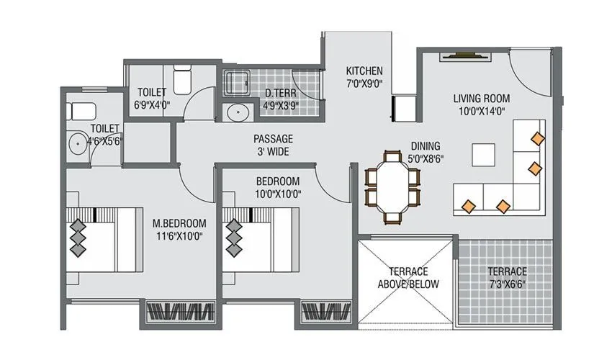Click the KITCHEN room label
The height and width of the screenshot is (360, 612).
coord(364,71)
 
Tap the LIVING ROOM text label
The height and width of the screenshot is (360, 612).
coord(481,98)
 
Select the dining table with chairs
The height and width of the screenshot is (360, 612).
coord(392,186)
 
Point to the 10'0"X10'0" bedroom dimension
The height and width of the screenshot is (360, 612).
coord(278,194)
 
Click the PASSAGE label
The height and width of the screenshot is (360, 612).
coord(272,138)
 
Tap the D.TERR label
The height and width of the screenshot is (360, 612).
coord(277,93)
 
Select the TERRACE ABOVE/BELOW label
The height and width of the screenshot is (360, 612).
coord(408,277)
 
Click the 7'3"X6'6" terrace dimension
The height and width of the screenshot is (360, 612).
coord(507,284)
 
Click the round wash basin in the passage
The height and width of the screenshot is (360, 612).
coord(235,113)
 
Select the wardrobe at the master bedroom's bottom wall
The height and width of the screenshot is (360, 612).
coord(181,312)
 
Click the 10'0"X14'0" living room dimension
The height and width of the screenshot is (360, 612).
coord(481,111)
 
